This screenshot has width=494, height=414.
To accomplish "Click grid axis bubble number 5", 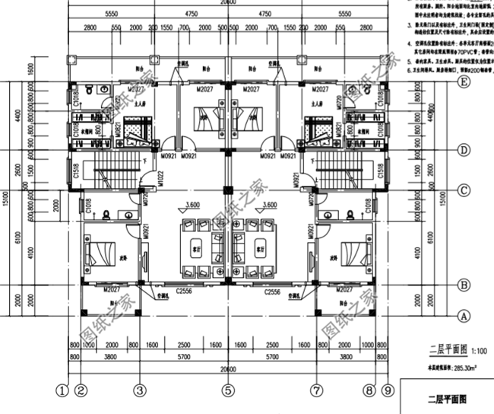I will (226, 391).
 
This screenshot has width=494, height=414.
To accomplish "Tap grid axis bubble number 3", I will (139, 391).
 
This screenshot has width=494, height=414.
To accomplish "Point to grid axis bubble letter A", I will (442, 314).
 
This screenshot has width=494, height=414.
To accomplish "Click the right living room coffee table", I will (260, 249).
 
